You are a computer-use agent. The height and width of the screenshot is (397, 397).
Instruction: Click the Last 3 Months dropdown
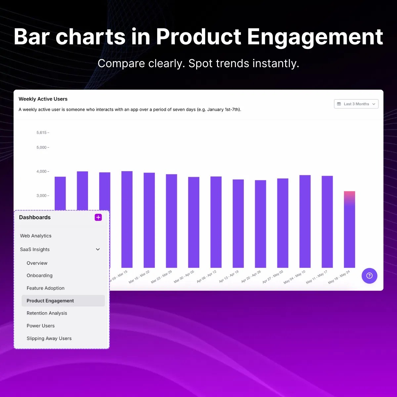[356, 104]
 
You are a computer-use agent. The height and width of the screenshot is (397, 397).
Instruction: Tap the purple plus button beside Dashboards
[98, 217]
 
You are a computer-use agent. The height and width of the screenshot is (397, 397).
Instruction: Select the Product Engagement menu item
[50, 301]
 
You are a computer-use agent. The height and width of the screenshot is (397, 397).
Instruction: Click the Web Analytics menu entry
[36, 236]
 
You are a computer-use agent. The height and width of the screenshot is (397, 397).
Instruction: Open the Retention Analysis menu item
[47, 313]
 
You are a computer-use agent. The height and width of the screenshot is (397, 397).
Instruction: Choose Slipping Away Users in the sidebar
[49, 338]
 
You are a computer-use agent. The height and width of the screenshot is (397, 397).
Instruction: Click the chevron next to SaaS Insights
[98, 249]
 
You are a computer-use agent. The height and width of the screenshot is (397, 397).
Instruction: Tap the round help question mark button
[369, 276]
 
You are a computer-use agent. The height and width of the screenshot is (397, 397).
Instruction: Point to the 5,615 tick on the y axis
[42, 133]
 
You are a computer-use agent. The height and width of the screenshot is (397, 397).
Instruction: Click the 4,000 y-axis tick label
[42, 171]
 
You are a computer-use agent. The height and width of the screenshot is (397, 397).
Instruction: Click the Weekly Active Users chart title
[43, 99]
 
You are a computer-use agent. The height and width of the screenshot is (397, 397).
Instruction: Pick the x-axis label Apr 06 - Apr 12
[206, 277]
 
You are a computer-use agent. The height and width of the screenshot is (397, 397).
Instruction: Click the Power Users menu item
[41, 326]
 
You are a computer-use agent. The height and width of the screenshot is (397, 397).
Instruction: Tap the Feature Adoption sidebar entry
[46, 288]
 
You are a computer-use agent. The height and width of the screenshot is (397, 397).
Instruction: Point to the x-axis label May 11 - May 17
[317, 277]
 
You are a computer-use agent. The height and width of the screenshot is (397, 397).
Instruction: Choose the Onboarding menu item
[40, 276]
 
